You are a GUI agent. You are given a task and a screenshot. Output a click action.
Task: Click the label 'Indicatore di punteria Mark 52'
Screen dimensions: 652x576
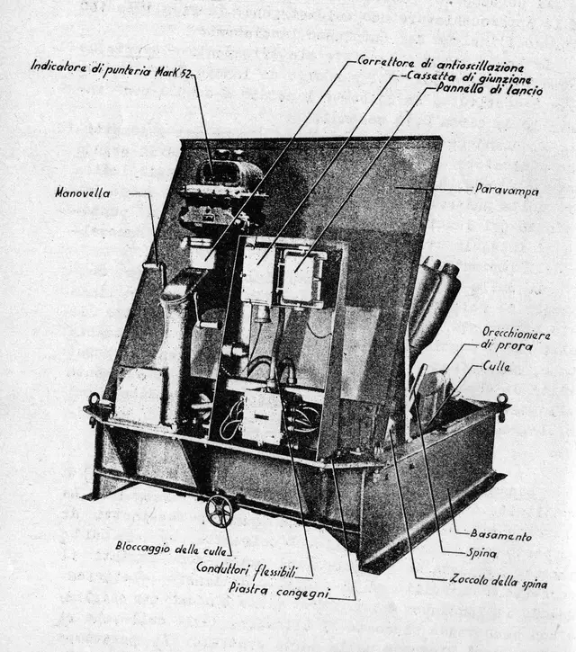click(x=113, y=66)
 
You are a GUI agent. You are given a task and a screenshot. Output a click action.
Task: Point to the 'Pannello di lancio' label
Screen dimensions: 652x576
click(x=490, y=90)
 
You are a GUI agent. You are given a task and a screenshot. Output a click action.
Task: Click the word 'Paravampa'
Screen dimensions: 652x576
click(x=507, y=190)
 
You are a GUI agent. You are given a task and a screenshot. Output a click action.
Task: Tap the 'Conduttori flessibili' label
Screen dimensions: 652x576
click(x=255, y=568)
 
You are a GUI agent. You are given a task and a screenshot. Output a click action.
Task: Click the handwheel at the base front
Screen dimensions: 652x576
click(x=219, y=511)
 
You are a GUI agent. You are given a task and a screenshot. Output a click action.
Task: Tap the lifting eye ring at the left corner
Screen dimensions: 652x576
click(x=94, y=400)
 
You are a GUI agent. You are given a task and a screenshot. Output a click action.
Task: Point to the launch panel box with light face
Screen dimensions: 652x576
click(x=300, y=276)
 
